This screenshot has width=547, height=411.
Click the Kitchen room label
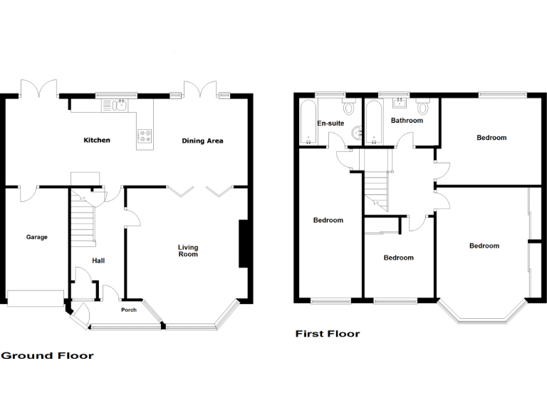(97, 141)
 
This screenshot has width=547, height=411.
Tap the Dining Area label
(202, 141)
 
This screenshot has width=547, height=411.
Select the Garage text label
(37, 237)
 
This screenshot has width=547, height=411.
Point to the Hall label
(98, 261)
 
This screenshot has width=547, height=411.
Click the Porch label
(129, 310)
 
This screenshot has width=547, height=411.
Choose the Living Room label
(188, 250)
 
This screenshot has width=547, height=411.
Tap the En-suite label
(330, 123)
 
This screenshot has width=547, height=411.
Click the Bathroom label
(407, 121)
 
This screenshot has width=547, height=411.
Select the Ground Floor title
(47, 355)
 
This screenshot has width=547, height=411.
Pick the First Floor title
(328, 333)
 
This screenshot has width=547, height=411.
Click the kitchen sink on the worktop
(118, 106)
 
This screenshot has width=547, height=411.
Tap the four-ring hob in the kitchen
(145, 136)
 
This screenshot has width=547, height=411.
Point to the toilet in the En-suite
(349, 108)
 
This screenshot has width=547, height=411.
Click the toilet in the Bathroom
(424, 108)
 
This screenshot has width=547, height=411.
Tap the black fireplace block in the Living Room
(243, 244)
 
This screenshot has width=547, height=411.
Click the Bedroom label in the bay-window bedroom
(484, 246)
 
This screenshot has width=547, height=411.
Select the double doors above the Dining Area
(199, 88)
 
